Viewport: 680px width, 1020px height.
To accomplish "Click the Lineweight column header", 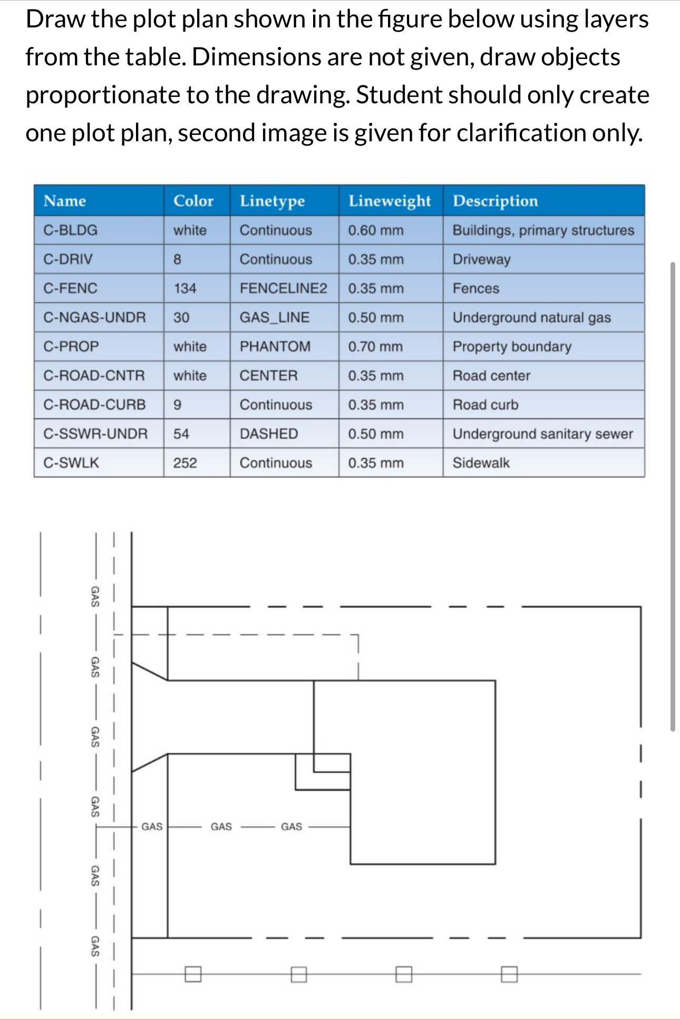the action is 389,201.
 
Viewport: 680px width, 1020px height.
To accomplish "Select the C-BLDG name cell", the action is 71,230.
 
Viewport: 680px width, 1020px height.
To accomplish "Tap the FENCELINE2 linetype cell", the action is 283,288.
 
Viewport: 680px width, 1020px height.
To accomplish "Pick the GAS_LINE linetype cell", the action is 275,317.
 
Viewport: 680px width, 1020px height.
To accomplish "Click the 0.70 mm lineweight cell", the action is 375,347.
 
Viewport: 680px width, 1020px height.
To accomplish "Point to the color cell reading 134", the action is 185,288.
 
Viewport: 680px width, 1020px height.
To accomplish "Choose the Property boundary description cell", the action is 512,347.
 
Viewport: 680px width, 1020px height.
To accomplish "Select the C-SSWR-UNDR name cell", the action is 95,434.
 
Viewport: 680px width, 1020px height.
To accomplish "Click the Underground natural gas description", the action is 531,317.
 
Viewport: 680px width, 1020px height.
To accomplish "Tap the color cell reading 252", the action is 185,463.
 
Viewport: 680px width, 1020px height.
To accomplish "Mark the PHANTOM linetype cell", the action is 275,347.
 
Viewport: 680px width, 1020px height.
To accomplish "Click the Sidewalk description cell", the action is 481,463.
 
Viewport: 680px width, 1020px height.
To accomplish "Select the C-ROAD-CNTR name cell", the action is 94,376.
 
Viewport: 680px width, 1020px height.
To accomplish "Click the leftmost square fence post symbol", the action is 193,974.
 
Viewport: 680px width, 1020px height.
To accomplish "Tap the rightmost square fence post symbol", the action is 509,974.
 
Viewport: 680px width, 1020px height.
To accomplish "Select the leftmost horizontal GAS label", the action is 152,827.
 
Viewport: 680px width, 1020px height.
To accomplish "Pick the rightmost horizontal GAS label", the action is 292,827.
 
